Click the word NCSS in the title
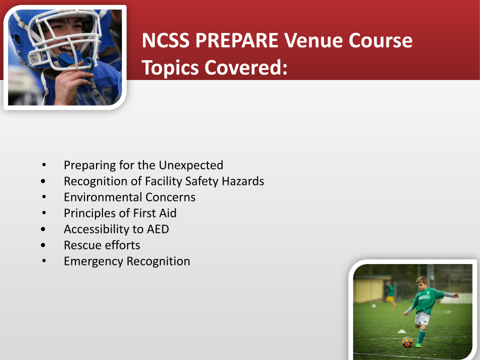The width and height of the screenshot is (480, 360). tap(165, 40)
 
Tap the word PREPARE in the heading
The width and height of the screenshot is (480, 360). tap(236, 40)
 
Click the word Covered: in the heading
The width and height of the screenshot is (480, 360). tap(246, 67)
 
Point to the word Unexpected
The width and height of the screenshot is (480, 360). tap(190, 165)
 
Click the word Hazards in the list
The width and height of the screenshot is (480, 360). tap(243, 181)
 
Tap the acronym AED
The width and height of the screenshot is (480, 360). tap(158, 229)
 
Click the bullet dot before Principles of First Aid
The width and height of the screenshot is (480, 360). tap(44, 213)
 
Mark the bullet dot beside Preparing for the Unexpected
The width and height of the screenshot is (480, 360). tap(44, 165)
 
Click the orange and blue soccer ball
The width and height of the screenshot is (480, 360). tap(407, 341)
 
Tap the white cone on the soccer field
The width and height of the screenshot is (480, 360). tap(401, 331)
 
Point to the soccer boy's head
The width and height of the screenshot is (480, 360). tap(422, 284)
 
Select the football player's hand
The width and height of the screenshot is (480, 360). tap(68, 85)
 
